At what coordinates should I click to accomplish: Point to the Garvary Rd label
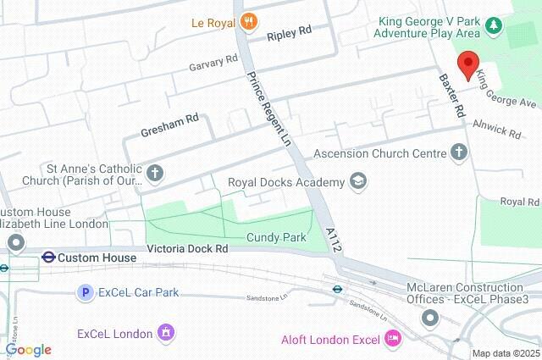(x=213, y=62)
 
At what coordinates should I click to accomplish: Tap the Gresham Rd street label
(x=169, y=124)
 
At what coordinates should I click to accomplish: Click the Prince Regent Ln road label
(x=268, y=110)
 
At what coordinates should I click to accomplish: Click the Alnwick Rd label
(x=502, y=130)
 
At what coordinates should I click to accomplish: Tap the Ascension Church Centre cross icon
(x=459, y=153)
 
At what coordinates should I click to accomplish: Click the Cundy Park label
(x=275, y=238)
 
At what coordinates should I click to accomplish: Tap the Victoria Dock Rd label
(x=187, y=249)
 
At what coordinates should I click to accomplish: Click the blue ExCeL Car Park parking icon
(x=85, y=292)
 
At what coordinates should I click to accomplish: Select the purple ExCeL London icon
(x=167, y=333)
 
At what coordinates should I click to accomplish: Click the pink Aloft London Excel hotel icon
(x=392, y=340)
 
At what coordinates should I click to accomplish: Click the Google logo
(x=28, y=350)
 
